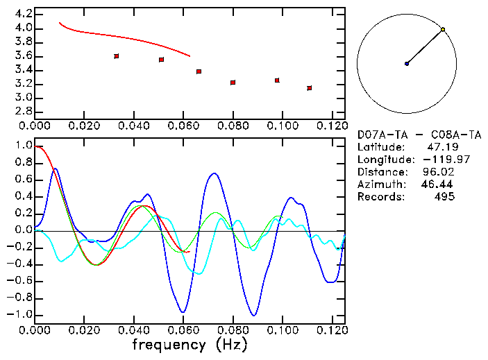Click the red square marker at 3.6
(x=116, y=56)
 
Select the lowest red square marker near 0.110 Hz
(x=309, y=88)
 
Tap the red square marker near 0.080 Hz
(x=233, y=83)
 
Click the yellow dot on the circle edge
(x=443, y=30)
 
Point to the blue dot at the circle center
(x=407, y=64)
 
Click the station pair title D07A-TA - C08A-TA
(x=419, y=135)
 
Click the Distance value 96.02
(x=438, y=172)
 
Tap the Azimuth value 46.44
(x=435, y=185)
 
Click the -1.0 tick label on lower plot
(x=19, y=314)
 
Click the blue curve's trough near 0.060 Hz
(x=183, y=312)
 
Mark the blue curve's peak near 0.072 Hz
(x=214, y=173)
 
